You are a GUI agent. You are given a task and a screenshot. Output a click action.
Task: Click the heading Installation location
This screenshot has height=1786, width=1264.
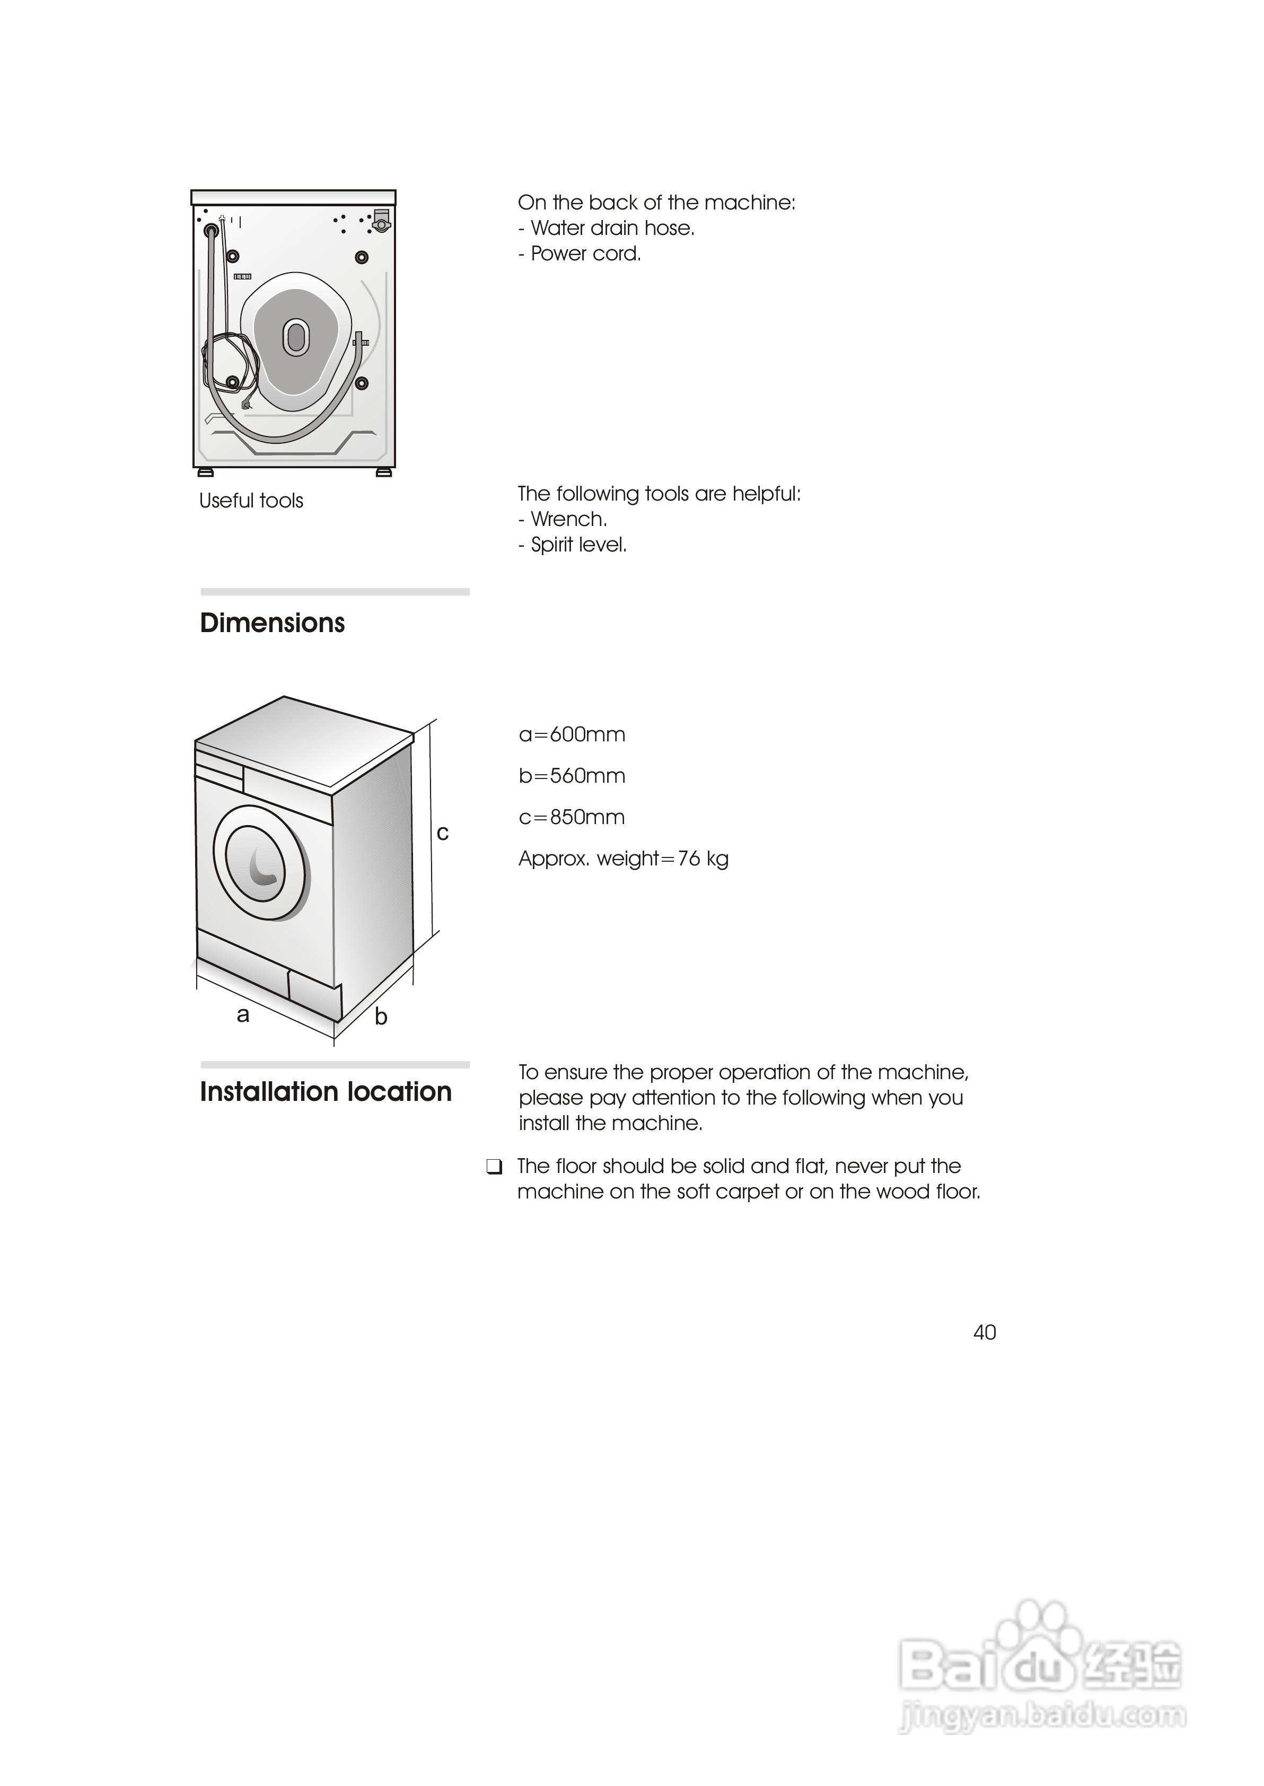pos(326,1092)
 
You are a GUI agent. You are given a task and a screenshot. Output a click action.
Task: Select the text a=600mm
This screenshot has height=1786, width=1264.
pos(572,734)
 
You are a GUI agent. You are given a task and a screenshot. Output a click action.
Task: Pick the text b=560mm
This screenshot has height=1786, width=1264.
pos(572,776)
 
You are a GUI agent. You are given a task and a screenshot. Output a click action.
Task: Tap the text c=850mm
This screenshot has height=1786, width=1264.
pos(572,817)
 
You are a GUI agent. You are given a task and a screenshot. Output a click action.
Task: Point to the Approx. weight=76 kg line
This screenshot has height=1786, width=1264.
pos(624,859)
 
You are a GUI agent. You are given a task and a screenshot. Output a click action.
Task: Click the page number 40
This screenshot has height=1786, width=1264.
pos(985,1332)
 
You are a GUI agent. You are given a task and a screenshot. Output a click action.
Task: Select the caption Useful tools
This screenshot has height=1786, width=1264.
pos(251,501)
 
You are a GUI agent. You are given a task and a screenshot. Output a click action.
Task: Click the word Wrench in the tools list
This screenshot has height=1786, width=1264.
pos(568,519)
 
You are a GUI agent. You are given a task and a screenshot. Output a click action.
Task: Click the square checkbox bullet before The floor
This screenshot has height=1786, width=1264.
pos(494,1167)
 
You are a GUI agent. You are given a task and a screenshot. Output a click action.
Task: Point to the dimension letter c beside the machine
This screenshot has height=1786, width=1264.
pos(443,834)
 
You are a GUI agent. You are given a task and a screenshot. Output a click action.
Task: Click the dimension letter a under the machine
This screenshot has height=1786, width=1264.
pos(243,1015)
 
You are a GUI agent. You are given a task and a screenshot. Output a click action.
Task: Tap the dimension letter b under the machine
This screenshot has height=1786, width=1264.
pos(381,1017)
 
